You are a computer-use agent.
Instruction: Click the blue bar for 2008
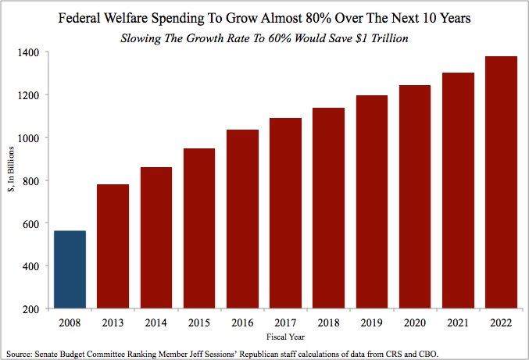(69, 270)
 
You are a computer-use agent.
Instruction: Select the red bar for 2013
(113, 247)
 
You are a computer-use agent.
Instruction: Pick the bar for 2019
(373, 202)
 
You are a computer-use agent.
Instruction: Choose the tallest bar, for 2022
(502, 183)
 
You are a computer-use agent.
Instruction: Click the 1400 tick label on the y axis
(33, 52)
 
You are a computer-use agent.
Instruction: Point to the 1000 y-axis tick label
(33, 138)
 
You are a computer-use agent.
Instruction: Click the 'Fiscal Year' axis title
(285, 337)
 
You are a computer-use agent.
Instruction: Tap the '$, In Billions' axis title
(11, 180)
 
